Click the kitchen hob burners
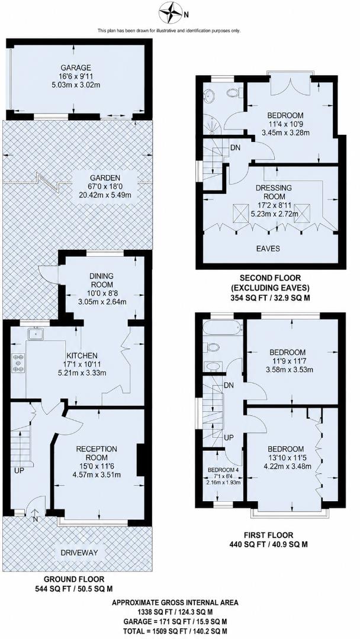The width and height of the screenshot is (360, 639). point(18,363)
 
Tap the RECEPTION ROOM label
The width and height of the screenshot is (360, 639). point(97,453)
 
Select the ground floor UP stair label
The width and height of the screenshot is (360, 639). point(19,471)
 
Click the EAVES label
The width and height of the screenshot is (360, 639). point(268,248)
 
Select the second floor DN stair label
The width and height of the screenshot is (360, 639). point(235,147)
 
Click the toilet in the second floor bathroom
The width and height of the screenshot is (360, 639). point(234,93)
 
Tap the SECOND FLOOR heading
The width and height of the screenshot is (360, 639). point(270,278)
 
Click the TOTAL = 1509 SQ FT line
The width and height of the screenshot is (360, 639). point(175,631)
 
